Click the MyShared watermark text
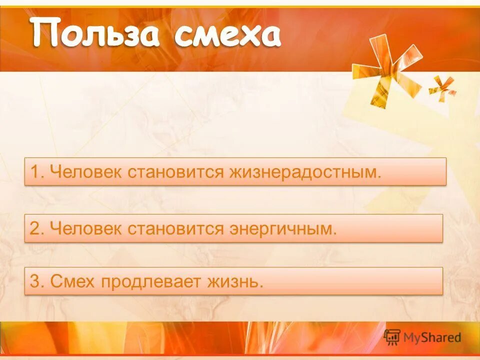tap(433, 337)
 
